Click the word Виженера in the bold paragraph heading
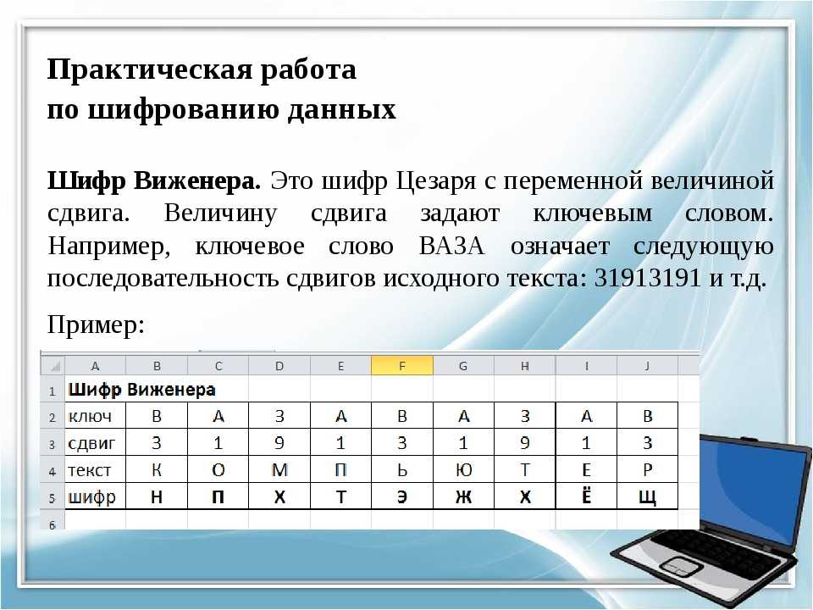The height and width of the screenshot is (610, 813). pos(197,181)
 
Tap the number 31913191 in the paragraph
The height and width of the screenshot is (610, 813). pos(648,278)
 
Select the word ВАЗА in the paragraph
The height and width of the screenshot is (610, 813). pos(451,246)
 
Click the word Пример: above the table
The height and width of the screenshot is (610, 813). pos(96,325)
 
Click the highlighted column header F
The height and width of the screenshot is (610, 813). pos(401,366)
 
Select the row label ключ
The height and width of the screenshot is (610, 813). pos(89,416)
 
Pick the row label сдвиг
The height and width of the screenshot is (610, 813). pos(91,443)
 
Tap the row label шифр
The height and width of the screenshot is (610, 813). pos(91,497)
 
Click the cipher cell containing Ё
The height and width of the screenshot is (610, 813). pos(586,496)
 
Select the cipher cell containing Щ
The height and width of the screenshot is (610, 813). pos(648,496)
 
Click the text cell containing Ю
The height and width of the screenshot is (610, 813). pos(463,469)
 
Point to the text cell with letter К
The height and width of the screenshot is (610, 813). pos(157,469)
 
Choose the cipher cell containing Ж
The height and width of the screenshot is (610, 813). pos(463,496)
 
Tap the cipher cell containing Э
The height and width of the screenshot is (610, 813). pos(401,496)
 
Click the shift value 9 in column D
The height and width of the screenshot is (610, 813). pos(279,442)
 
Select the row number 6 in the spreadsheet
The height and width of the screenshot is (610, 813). pos(53,524)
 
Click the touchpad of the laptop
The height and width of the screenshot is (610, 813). pos(677,564)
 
